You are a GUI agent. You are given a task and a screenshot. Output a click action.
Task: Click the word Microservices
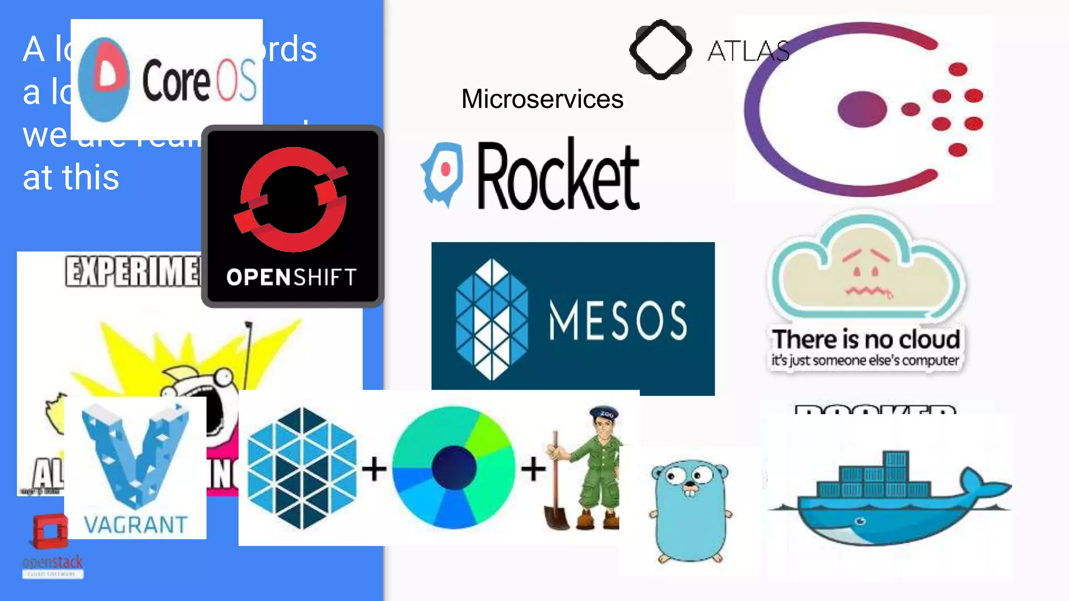click(x=542, y=99)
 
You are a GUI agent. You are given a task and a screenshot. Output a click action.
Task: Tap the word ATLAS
click(x=747, y=51)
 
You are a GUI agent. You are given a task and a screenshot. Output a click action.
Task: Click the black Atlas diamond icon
click(x=661, y=50)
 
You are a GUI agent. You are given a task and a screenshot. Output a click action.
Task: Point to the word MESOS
click(x=617, y=320)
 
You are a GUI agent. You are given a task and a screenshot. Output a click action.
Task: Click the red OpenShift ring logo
click(x=293, y=198)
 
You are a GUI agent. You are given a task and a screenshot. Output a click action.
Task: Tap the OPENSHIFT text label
click(x=292, y=278)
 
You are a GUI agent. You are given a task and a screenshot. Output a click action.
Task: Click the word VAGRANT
click(x=136, y=525)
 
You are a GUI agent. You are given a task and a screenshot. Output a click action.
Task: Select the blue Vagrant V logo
click(x=135, y=454)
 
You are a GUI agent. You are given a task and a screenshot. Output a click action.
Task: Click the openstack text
click(x=52, y=562)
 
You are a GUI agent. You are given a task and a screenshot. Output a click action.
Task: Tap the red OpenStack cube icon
click(x=50, y=531)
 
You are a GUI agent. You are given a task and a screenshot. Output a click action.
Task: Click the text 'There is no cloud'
click(x=866, y=340)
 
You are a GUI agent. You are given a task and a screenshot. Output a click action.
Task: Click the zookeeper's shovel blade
click(x=556, y=516)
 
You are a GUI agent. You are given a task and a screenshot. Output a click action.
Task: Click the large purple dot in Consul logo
click(x=862, y=109)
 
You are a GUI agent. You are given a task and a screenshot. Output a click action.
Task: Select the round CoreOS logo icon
click(x=104, y=79)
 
